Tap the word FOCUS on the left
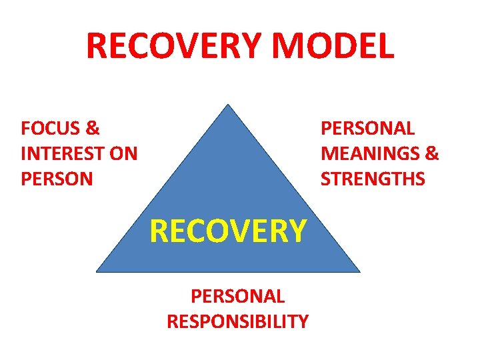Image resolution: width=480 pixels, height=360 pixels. point(51,127)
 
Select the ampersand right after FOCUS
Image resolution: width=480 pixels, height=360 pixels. point(93,127)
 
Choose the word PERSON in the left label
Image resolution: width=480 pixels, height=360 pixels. point(57,179)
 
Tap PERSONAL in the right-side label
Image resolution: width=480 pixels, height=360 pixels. point(367,127)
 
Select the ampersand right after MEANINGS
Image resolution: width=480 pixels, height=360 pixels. point(432,154)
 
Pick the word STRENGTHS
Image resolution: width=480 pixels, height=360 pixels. point(373,179)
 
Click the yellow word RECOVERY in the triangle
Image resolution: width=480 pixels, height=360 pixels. point(228,231)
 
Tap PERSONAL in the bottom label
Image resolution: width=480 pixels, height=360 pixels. point(237,296)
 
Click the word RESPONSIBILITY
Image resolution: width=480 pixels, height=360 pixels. point(237,321)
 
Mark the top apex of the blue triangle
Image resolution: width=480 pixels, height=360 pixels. point(228,105)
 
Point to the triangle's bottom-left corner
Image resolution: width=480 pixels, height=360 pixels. point(97,271)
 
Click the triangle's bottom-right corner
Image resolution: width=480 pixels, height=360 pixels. point(359,271)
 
